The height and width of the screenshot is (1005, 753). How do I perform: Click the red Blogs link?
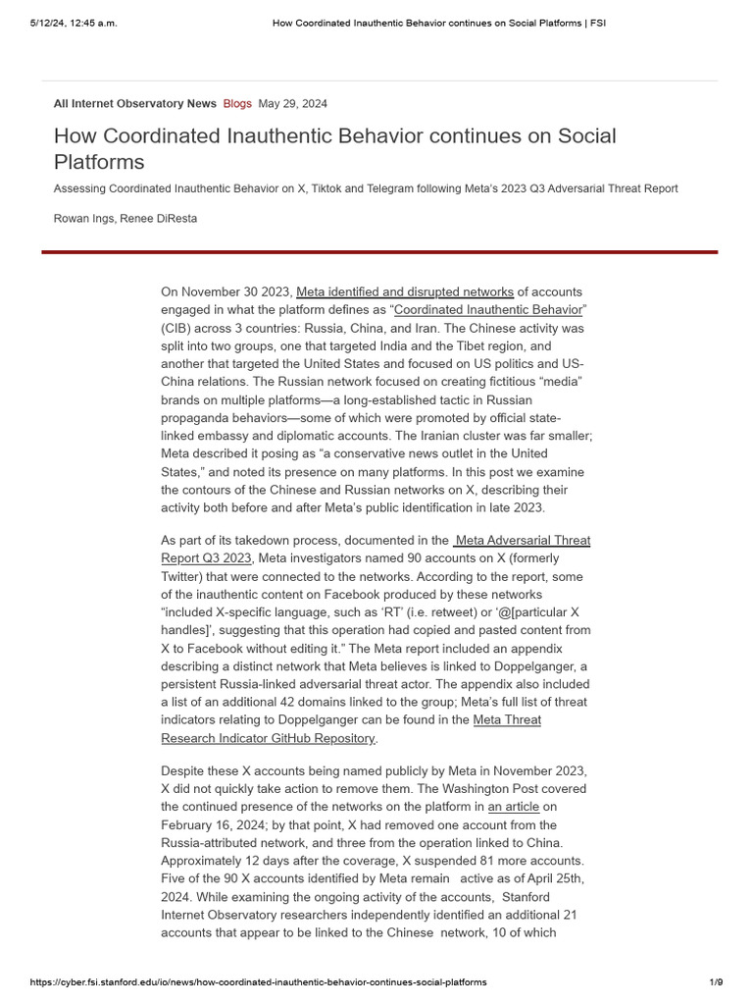[237, 103]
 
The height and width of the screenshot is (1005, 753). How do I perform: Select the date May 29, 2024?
[293, 103]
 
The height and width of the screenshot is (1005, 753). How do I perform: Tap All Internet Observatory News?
[135, 103]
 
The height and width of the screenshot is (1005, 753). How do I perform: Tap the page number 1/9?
[716, 981]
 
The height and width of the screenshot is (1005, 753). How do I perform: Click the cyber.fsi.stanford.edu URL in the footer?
[258, 981]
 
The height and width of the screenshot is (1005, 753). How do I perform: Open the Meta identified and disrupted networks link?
[405, 291]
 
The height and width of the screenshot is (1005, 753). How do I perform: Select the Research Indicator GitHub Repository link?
[268, 738]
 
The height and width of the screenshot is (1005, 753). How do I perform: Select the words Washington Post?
[535, 789]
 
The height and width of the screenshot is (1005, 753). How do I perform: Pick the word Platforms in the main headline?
[99, 162]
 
